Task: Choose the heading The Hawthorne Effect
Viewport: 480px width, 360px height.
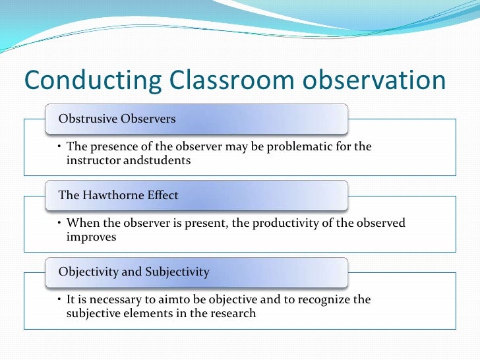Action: (x=119, y=195)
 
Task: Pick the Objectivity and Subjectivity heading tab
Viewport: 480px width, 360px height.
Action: (x=134, y=272)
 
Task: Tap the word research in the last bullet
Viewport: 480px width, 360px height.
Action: (x=232, y=314)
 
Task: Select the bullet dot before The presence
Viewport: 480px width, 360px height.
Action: (x=59, y=147)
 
